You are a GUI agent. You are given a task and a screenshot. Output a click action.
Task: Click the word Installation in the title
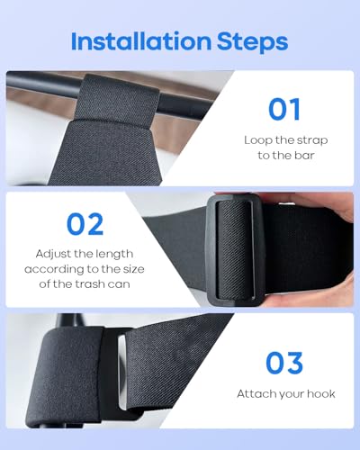(x=141, y=41)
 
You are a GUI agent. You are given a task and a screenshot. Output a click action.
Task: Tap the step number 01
(x=284, y=110)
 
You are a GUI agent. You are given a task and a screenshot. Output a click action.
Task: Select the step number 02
(x=85, y=224)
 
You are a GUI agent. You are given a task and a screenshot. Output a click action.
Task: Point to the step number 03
(x=284, y=363)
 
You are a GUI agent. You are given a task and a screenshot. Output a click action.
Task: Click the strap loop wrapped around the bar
(x=117, y=99)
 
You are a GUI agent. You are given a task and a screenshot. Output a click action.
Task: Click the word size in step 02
(x=134, y=269)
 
